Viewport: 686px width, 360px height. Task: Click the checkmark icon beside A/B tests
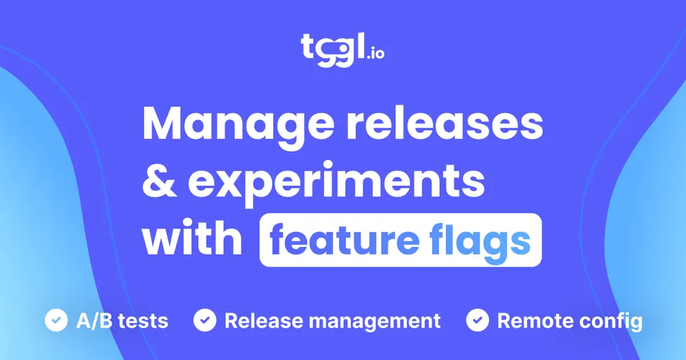click(55, 321)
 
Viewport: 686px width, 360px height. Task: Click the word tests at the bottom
click(143, 321)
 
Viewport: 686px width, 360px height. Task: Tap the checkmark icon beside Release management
click(205, 321)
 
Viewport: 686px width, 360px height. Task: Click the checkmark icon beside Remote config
click(478, 321)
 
